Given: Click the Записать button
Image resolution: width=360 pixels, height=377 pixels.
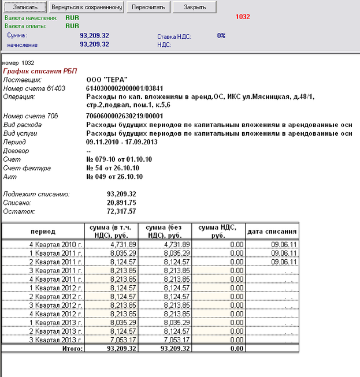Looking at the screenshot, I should pos(25,8).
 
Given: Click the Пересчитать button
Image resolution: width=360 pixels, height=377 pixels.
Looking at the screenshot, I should pos(148,8).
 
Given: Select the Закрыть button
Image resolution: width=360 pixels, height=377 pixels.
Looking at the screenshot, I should pos(195,8).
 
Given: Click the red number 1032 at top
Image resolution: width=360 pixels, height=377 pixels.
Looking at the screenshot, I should pos(243,17).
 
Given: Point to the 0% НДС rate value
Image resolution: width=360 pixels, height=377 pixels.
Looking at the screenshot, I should pos(221,36).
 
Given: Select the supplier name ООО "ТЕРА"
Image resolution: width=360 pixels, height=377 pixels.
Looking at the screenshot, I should pos(106,79).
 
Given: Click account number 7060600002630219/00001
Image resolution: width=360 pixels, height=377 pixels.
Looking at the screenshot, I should pos(124,116).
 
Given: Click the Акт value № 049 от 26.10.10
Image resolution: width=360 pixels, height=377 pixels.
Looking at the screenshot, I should pos(114,177).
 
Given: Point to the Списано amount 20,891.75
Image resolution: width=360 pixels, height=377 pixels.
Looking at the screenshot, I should pos(121,203).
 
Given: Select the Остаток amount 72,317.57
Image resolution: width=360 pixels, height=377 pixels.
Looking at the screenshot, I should pos(121,211).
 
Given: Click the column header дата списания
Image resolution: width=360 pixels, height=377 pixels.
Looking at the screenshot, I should pos(272,232).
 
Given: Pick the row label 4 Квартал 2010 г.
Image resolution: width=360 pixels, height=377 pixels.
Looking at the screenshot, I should pos(57,244).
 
